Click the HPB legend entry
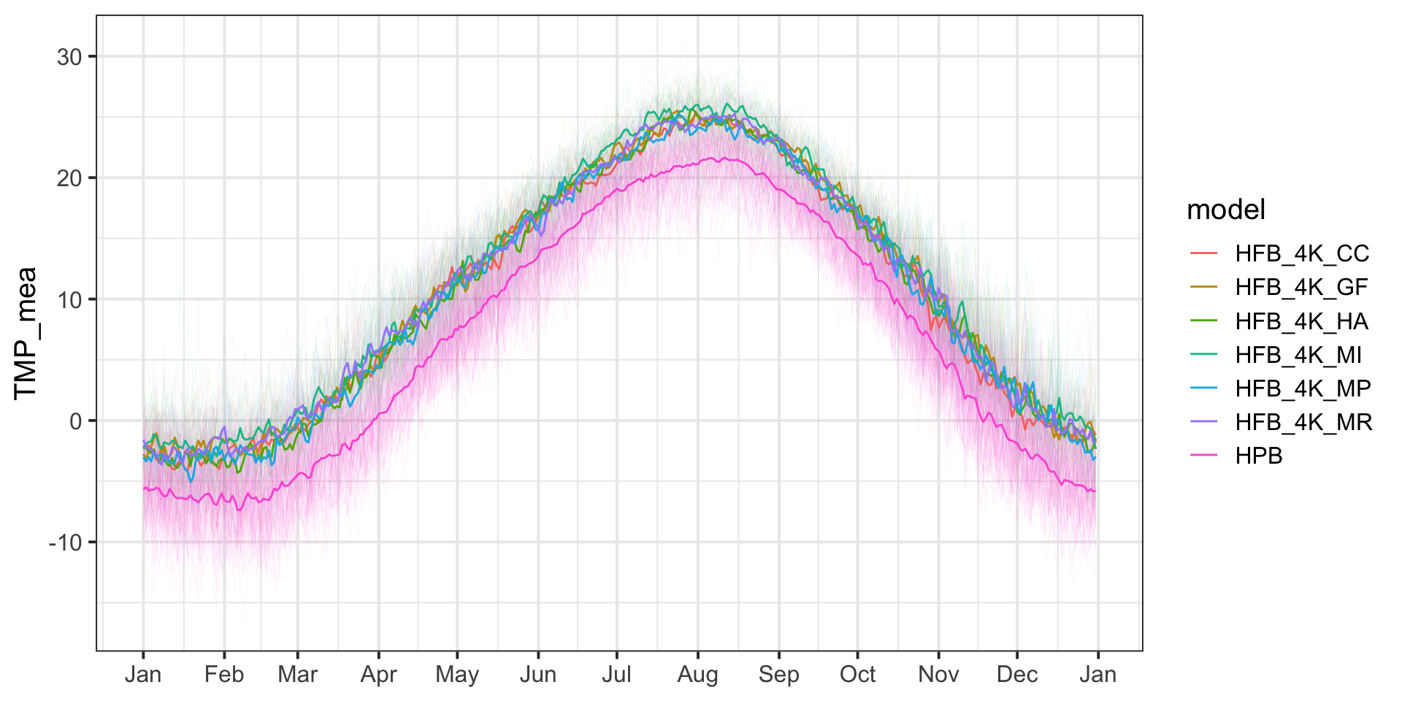pyautogui.click(x=1259, y=456)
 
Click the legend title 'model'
pyautogui.click(x=1226, y=210)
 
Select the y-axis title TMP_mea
pyautogui.click(x=26, y=333)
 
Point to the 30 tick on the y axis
pyautogui.click(x=69, y=57)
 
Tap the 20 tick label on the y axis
pyautogui.click(x=69, y=178)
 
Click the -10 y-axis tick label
pyautogui.click(x=65, y=543)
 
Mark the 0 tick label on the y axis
pyautogui.click(x=75, y=421)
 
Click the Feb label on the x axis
pyautogui.click(x=223, y=674)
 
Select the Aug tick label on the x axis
pyautogui.click(x=697, y=674)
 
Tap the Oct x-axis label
pyautogui.click(x=857, y=674)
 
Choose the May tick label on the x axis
pyautogui.click(x=457, y=674)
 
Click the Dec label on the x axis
pyautogui.click(x=1017, y=674)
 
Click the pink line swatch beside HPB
pyautogui.click(x=1204, y=456)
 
